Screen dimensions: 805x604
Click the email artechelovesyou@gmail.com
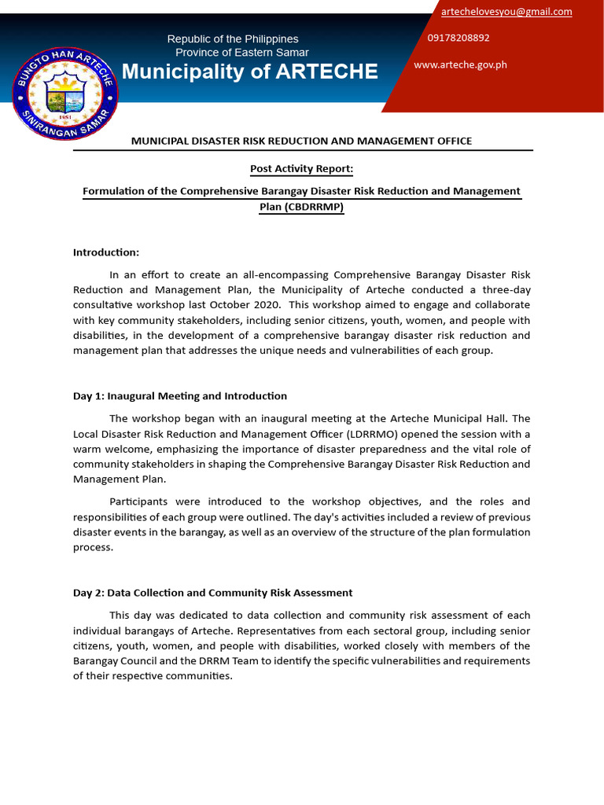click(506, 12)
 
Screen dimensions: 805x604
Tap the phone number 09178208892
click(459, 38)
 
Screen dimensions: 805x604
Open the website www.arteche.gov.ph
click(460, 64)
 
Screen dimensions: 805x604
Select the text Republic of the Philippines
click(233, 39)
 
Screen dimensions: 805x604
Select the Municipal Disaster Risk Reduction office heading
click(301, 141)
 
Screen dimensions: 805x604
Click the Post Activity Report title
click(301, 168)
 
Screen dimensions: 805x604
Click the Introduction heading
click(106, 252)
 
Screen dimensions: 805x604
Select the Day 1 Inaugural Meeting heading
click(180, 396)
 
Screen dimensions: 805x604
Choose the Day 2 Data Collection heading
click(212, 593)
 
